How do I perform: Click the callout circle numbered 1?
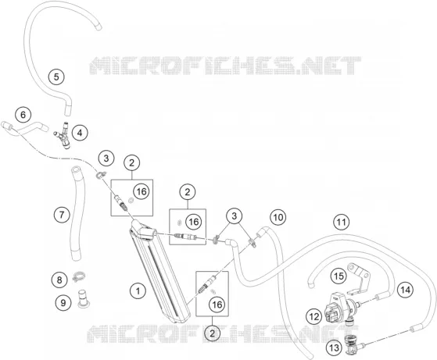click(x=138, y=291)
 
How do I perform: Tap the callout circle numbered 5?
click(x=56, y=77)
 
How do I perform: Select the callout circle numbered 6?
click(x=23, y=115)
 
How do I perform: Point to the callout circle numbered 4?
click(x=80, y=133)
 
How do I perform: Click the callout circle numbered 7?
click(x=62, y=215)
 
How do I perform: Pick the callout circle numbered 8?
click(x=59, y=280)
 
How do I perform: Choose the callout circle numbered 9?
click(x=63, y=303)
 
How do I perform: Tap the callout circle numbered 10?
click(x=278, y=217)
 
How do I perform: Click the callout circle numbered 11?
click(x=342, y=222)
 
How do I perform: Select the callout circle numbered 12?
click(x=313, y=316)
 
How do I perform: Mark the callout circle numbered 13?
click(x=334, y=348)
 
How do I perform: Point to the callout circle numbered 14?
click(x=405, y=290)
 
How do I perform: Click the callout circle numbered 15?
click(x=338, y=276)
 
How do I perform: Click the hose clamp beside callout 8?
click(x=79, y=277)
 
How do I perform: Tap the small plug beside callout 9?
click(x=82, y=299)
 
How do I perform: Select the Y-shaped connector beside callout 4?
click(x=64, y=136)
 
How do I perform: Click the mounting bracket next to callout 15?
click(x=360, y=279)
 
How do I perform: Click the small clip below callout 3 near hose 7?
click(x=101, y=175)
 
